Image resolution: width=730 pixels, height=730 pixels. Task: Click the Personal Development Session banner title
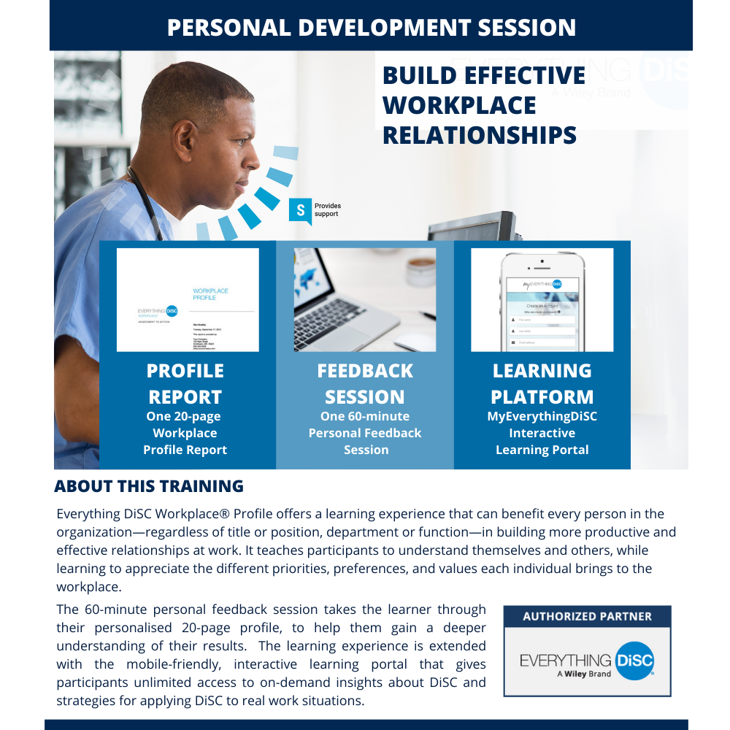pyautogui.click(x=371, y=27)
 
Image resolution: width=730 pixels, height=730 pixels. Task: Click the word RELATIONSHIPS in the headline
pyautogui.click(x=479, y=135)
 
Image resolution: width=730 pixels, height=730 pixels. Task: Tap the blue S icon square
pyautogui.click(x=300, y=210)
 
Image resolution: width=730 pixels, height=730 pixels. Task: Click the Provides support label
pyautogui.click(x=327, y=210)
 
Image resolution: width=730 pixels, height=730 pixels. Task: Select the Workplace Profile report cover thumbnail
pyautogui.click(x=188, y=300)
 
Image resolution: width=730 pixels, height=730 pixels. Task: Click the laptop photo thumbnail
pyautogui.click(x=364, y=300)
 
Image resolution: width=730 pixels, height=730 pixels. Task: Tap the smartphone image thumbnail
pyautogui.click(x=542, y=300)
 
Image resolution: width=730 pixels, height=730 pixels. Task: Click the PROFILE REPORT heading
pyautogui.click(x=185, y=384)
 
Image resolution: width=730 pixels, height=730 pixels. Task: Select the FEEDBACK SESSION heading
pyautogui.click(x=364, y=384)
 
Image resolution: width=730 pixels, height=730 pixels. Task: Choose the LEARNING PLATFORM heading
pyautogui.click(x=542, y=384)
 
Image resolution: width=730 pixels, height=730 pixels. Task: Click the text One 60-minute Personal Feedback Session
pyautogui.click(x=365, y=433)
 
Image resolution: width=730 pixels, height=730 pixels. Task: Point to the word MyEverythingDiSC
pyautogui.click(x=542, y=416)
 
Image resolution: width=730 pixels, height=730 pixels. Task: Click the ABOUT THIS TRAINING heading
pyautogui.click(x=149, y=486)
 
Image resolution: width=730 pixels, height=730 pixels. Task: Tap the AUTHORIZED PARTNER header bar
pyautogui.click(x=587, y=616)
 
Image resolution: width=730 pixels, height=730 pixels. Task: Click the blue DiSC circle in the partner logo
pyautogui.click(x=634, y=660)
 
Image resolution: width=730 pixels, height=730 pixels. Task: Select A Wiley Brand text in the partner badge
pyautogui.click(x=584, y=674)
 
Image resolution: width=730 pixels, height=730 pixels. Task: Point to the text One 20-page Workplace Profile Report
pyautogui.click(x=185, y=433)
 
